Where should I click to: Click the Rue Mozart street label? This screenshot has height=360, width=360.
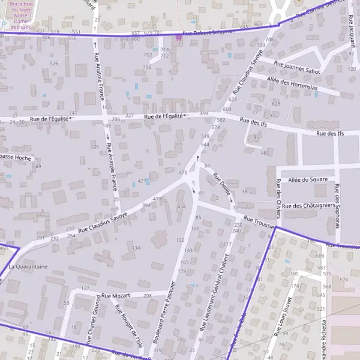tap(116, 296)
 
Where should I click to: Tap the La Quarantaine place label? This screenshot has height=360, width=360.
tap(28, 266)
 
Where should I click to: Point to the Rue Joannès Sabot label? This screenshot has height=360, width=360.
tap(296, 67)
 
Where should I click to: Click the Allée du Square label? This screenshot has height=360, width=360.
tap(308, 179)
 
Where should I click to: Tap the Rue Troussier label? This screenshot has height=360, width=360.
tap(259, 223)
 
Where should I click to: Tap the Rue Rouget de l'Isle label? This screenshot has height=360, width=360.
tap(129, 327)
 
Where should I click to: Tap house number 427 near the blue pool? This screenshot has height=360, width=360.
tap(142, 181)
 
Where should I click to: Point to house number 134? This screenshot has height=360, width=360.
tap(136, 248)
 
